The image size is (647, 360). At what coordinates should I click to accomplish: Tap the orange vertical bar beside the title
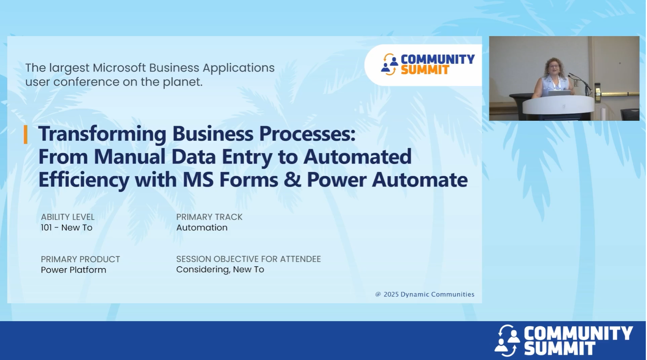click(x=26, y=134)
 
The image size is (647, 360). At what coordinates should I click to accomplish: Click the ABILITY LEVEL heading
click(x=67, y=217)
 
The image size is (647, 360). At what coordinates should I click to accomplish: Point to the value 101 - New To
click(x=66, y=228)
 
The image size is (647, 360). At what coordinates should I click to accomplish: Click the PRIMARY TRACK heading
click(x=209, y=217)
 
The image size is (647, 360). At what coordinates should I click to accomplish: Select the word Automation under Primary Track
click(x=201, y=228)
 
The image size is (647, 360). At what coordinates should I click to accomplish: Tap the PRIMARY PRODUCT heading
click(x=80, y=259)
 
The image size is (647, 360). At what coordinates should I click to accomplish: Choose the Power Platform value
click(x=73, y=270)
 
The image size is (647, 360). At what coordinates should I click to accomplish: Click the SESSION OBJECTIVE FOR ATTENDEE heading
click(x=248, y=259)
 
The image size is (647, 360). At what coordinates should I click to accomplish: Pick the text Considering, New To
click(x=220, y=269)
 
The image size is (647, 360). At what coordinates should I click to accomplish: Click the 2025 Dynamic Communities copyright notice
click(x=424, y=294)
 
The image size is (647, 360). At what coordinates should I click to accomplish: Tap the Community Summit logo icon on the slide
click(x=389, y=64)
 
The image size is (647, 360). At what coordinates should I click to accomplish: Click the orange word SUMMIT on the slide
click(x=425, y=70)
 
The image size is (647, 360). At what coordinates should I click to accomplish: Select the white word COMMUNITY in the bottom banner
click(x=578, y=333)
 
